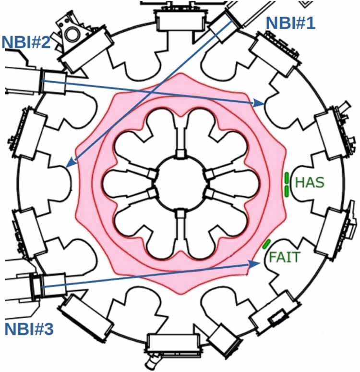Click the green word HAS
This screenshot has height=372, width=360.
tap(310, 183)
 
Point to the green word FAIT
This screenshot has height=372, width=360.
tap(284, 257)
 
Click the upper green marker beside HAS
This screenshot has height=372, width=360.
tap(287, 178)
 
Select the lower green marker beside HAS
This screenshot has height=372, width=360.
tap(287, 191)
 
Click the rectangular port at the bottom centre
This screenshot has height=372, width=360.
tap(173, 346)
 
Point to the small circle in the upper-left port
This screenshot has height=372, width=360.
tap(72, 34)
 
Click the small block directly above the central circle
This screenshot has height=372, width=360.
tap(180, 153)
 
